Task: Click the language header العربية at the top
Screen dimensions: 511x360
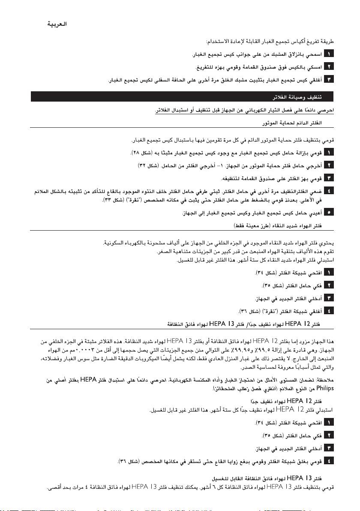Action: click(58, 25)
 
